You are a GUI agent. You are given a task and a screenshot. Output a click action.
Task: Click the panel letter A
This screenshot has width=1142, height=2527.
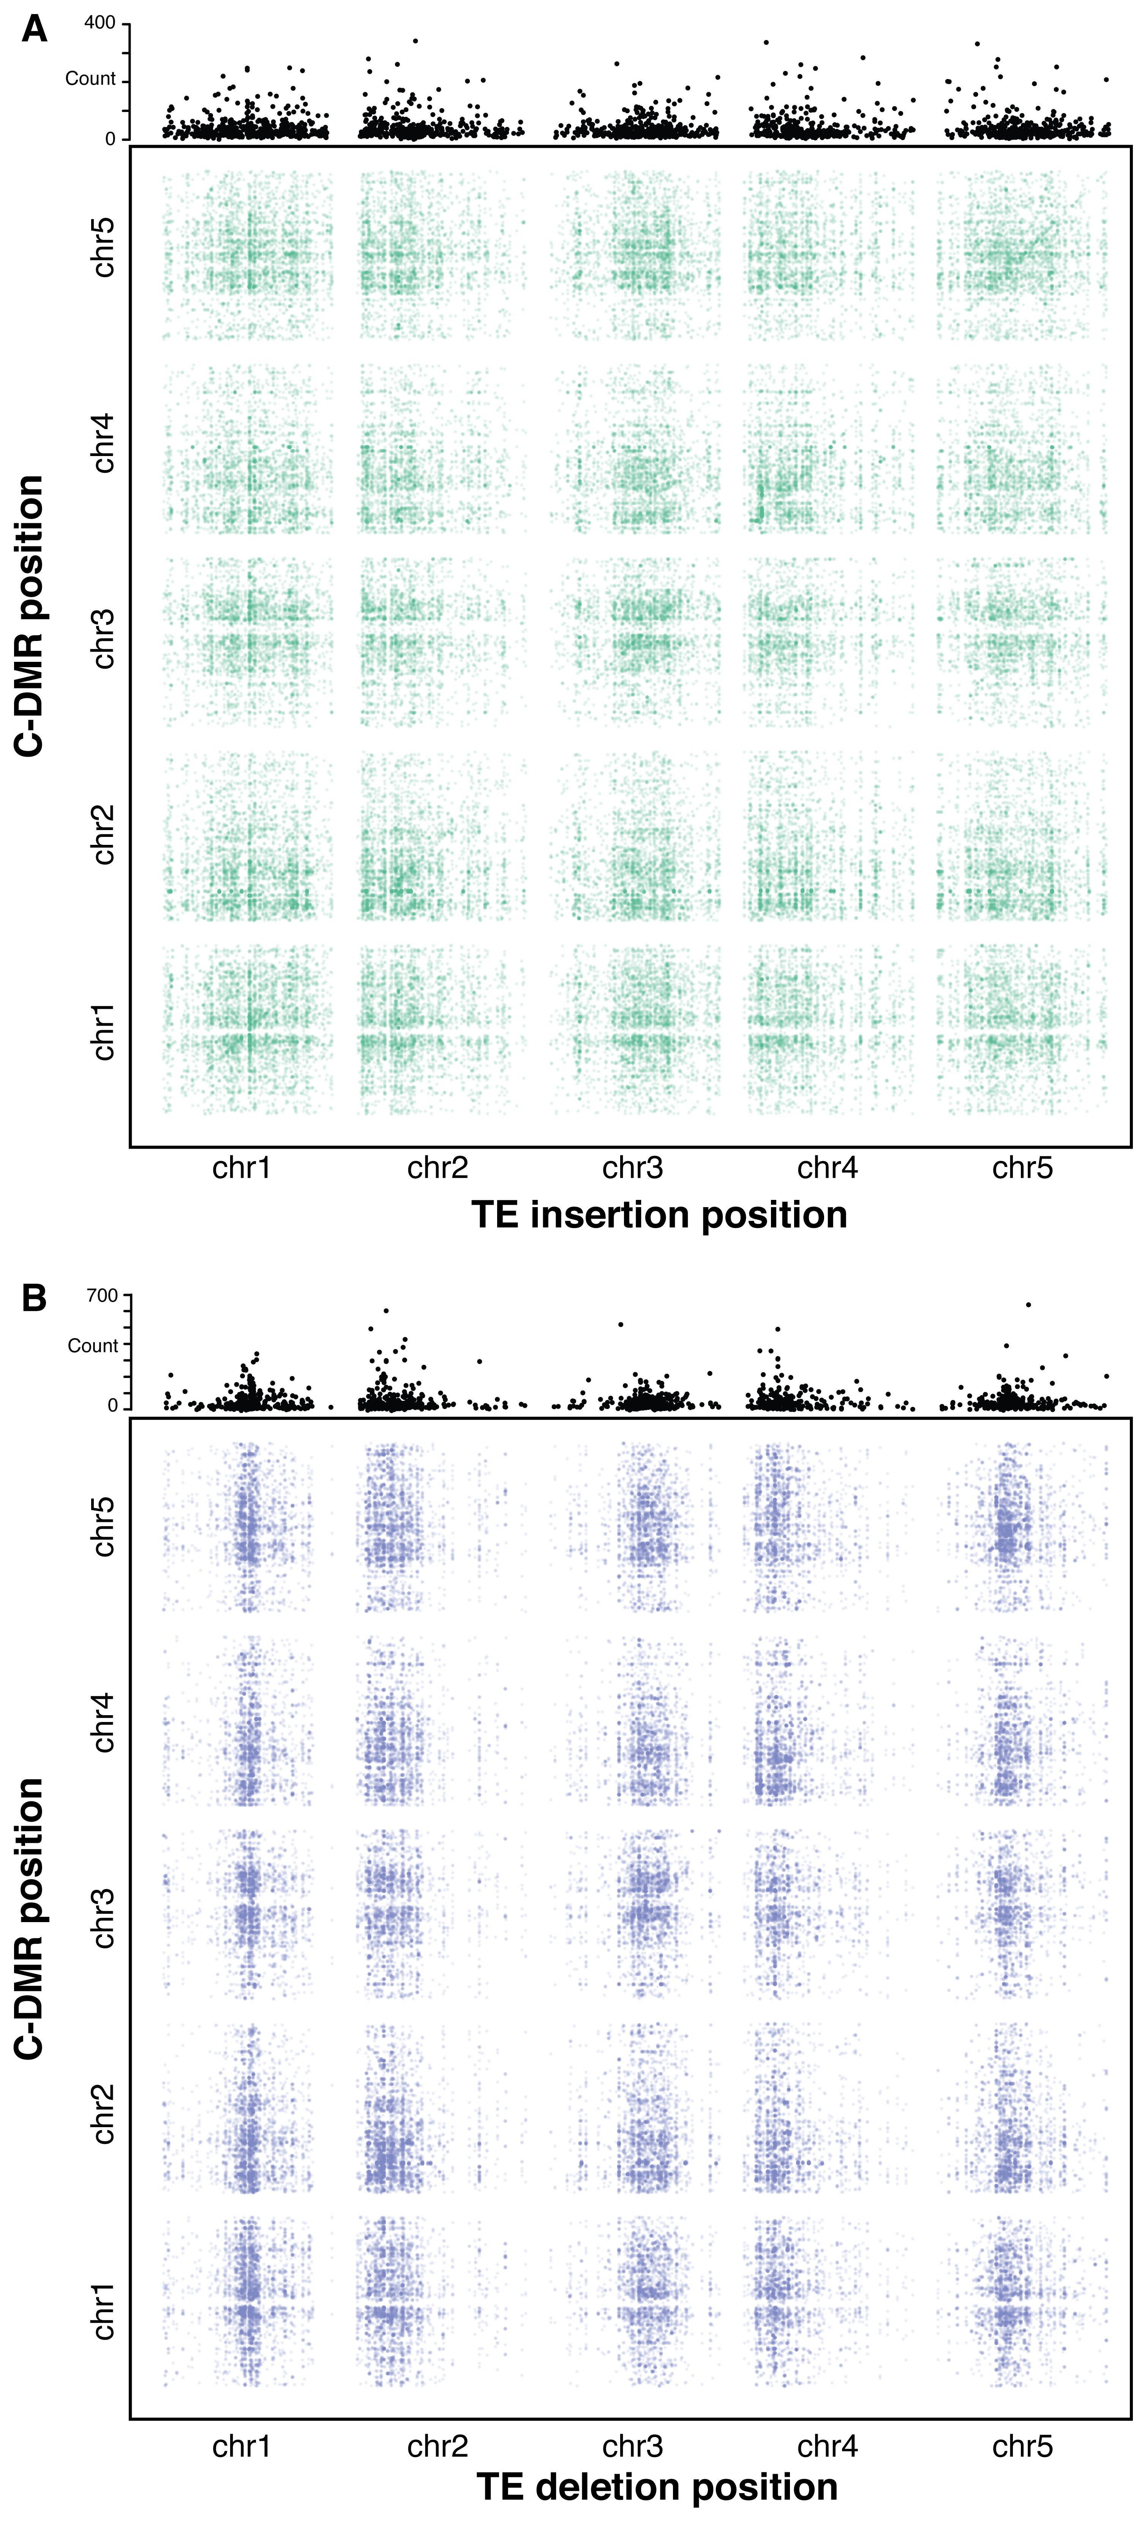34,30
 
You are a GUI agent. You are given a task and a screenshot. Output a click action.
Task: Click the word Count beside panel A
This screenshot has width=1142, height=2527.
90,79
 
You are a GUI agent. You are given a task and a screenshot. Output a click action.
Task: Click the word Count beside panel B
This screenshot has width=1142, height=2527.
92,1346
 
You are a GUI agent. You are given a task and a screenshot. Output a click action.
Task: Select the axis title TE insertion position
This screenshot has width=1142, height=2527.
659,1214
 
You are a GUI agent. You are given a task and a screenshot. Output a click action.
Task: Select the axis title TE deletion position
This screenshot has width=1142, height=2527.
657,2487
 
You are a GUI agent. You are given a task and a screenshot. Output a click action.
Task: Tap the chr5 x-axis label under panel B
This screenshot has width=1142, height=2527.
1022,2447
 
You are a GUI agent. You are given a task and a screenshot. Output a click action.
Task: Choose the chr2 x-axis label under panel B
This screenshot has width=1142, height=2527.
438,2447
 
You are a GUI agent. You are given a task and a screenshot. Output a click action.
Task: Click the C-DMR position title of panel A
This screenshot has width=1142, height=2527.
32,616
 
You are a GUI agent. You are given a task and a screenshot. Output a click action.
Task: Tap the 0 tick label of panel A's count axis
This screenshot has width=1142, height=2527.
111,139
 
